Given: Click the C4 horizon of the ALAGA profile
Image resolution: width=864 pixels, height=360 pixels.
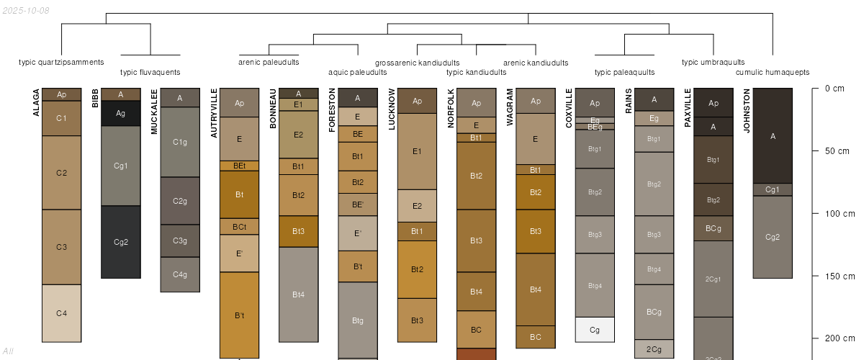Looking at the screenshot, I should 61,313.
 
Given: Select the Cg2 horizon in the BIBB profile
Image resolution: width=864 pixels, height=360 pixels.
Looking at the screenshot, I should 121,242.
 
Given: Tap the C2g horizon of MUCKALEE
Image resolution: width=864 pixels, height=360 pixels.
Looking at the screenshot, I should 180,201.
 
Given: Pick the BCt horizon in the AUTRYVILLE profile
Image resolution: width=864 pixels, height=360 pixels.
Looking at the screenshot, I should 239,227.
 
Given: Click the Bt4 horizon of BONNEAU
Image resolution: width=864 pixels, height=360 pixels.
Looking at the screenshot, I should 298,294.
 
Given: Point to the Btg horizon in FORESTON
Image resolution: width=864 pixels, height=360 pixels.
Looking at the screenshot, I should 358,320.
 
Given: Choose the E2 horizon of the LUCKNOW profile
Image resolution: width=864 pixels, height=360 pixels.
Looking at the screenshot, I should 417,206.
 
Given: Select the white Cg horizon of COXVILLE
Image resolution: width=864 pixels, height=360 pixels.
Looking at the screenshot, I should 595,330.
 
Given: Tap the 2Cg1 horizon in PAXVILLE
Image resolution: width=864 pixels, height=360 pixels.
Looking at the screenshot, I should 713,279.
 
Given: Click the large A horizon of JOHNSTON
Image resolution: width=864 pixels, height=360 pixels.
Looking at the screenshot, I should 773,135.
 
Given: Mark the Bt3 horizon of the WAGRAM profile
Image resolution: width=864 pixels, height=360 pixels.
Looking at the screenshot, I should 535,231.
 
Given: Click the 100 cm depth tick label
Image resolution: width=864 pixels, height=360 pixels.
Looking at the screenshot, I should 839,213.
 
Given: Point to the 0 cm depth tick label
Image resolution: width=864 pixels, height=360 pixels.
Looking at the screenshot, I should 834,89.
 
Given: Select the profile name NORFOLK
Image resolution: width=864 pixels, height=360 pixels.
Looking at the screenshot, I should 450,107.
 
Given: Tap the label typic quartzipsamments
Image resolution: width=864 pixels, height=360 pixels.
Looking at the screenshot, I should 61,62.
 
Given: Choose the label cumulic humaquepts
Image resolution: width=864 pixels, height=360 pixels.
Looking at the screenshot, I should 773,72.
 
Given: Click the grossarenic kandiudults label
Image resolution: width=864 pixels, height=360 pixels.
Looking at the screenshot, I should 417,63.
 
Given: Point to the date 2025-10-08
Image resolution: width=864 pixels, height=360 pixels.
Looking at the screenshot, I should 26,10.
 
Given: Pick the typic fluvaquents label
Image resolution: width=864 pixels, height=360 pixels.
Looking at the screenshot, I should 150,72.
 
